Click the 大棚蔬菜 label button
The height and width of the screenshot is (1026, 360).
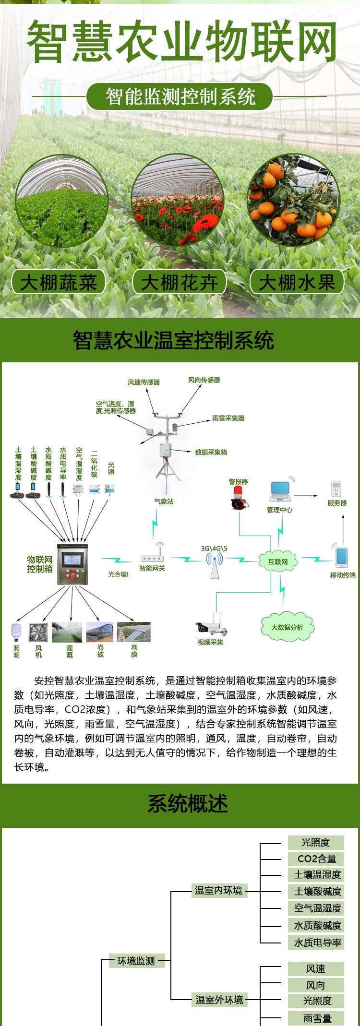[x=58, y=282]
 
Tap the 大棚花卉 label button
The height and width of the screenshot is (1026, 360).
[x=179, y=282]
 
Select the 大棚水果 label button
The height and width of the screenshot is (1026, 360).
[x=297, y=282]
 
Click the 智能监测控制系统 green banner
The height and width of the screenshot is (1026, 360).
[x=180, y=97]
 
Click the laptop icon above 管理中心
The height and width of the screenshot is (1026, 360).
[x=280, y=491]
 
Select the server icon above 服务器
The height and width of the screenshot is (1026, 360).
[x=336, y=489]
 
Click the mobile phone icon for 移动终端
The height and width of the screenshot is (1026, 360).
[x=342, y=556]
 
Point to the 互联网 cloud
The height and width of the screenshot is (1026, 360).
[x=277, y=561]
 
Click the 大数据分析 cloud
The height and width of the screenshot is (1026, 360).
[x=287, y=627]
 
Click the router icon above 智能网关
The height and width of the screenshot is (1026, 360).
[x=152, y=558]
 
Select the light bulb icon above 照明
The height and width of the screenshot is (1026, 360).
[x=16, y=632]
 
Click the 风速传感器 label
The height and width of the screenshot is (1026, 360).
[x=144, y=382]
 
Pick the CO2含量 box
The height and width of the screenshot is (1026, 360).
[x=316, y=859]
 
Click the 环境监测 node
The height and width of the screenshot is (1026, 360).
[x=136, y=961]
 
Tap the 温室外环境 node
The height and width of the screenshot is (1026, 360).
[x=219, y=1000]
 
